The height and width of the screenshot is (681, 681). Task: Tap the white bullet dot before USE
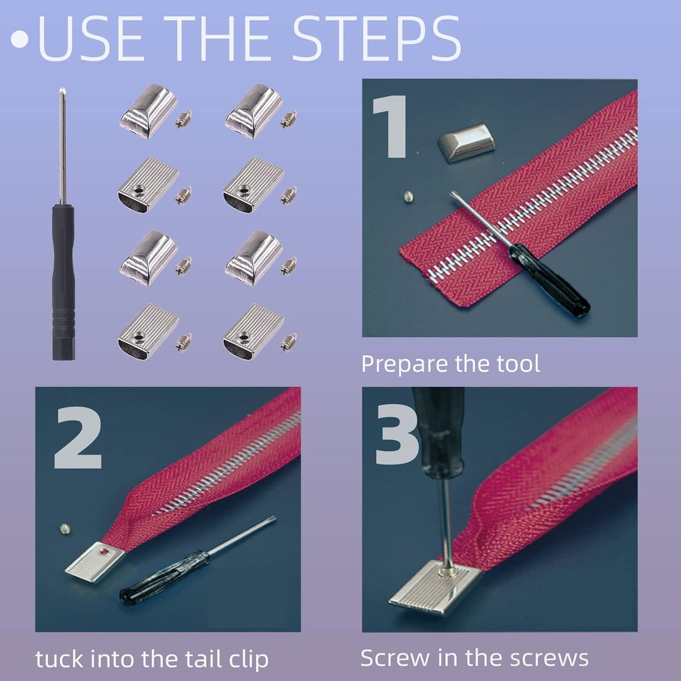click(19, 39)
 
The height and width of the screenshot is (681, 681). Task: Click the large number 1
click(391, 126)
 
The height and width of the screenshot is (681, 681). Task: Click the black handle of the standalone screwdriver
click(64, 283)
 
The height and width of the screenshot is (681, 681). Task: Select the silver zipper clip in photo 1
click(466, 143)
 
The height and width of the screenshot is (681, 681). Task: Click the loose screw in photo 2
click(65, 529)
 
